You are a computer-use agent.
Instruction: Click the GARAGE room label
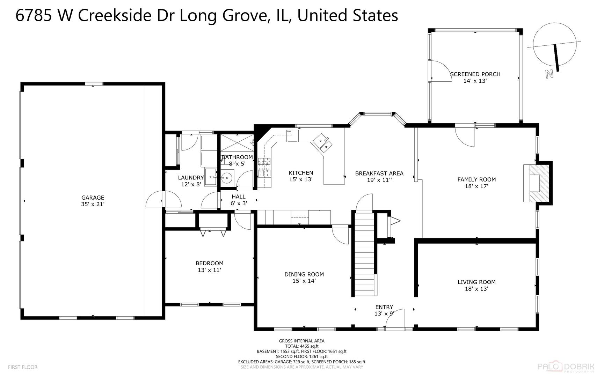coord(93,198)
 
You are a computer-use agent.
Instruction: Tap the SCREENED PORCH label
coord(475,74)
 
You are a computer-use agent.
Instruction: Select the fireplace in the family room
coord(537,183)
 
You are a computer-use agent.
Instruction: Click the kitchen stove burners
coord(264,167)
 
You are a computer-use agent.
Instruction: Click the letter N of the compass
coord(550,74)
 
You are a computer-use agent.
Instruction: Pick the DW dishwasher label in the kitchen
coord(289,132)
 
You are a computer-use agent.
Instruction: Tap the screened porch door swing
coord(441,71)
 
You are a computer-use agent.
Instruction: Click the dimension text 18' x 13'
coord(476,289)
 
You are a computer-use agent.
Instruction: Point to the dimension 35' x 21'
coord(93,204)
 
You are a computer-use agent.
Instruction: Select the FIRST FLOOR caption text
coord(23,367)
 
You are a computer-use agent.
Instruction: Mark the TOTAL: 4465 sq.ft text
coord(302,346)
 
